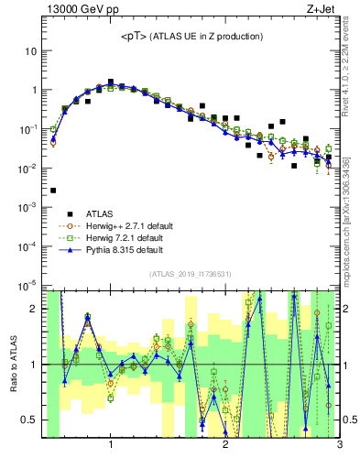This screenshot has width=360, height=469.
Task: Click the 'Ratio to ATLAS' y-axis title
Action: coord(13,365)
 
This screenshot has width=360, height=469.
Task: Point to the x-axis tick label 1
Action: coord(111,446)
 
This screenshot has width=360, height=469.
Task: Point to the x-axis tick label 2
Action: coord(225,446)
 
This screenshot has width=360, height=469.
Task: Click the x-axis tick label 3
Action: coord(339,446)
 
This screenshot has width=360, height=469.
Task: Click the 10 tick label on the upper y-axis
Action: coord(29,51)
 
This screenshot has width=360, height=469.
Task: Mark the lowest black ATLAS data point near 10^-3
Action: coord(53,191)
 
